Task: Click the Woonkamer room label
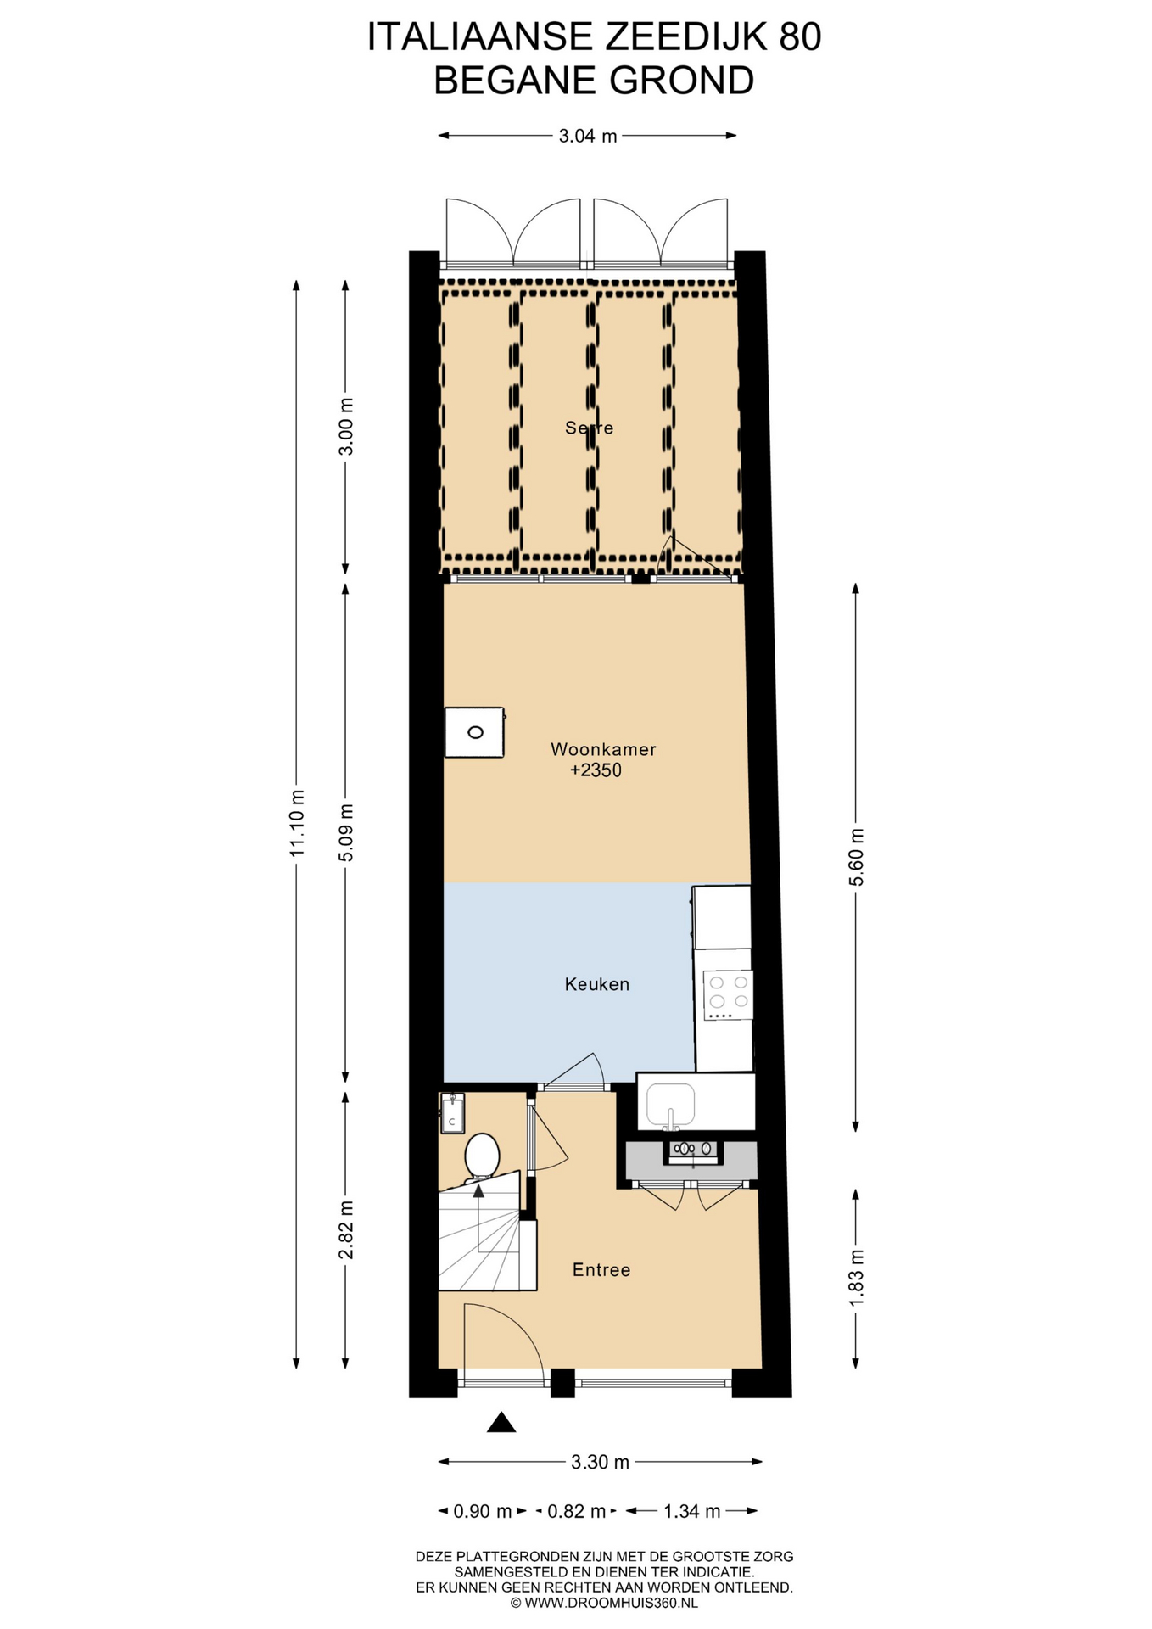coord(603,749)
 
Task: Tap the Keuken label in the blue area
coord(597,984)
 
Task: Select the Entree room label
coord(601,1269)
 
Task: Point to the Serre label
coord(590,428)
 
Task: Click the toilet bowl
coord(482,1156)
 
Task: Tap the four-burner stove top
coord(728,994)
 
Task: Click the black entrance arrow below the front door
coord(501,1422)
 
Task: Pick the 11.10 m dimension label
coord(297,822)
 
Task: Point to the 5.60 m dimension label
coord(856,857)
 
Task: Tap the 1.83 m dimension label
coord(856,1279)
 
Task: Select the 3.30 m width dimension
coord(601,1462)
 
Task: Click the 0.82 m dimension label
coord(577,1511)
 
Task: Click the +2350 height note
coord(596,770)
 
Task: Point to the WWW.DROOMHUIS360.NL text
coord(611,1603)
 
